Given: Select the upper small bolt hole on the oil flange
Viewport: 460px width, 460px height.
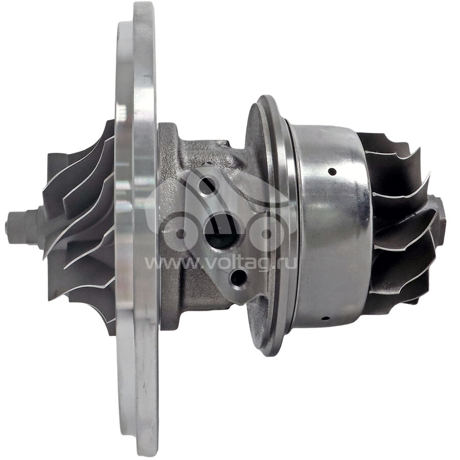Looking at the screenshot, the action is click(x=207, y=185).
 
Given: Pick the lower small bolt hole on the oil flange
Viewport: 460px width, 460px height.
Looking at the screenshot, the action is click(x=238, y=278).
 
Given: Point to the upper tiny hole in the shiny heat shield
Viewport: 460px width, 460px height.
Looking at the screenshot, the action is click(x=332, y=171).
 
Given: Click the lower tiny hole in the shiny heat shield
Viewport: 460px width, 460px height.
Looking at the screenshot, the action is click(x=326, y=318).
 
